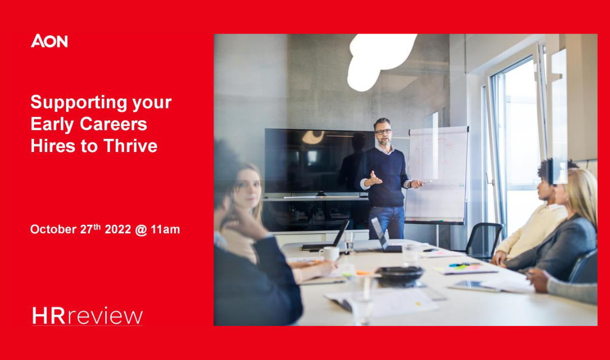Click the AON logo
coord(49,41)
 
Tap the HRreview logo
coord(87,316)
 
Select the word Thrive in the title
coord(131,146)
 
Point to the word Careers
coord(113,124)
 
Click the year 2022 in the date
coord(118,229)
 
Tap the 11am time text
coord(165,229)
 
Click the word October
coord(53,229)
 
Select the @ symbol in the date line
coord(141,229)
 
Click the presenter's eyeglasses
coord(383,132)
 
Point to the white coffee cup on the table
coord(330,254)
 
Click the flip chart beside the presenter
coord(437,174)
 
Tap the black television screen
coord(319,161)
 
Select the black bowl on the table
coord(400,276)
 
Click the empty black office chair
coord(484,239)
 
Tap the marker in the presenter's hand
coord(426,182)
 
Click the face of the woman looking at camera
coord(248,188)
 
